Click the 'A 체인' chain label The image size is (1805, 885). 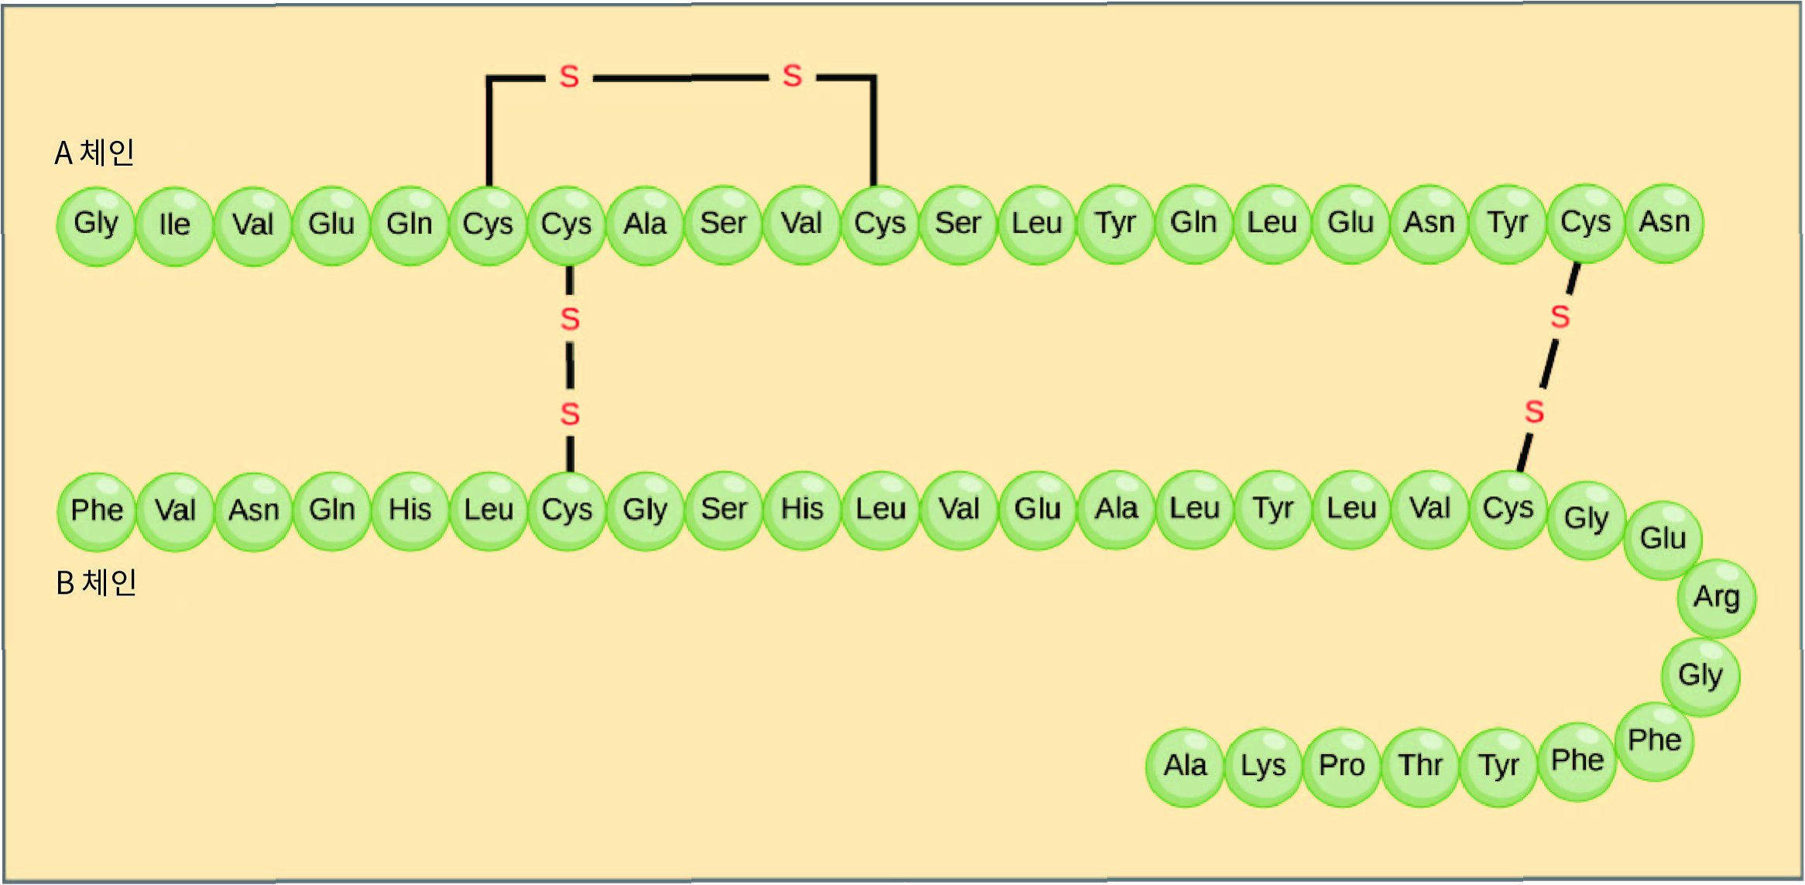coord(94,153)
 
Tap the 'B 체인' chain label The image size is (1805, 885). coord(96,582)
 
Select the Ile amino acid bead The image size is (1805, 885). coord(174,225)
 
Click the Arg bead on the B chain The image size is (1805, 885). coord(1716,598)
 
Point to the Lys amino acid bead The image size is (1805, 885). coord(1263,767)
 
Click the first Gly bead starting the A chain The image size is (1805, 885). coord(96,225)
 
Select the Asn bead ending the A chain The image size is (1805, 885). coord(1664,223)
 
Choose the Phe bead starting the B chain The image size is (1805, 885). coord(97,511)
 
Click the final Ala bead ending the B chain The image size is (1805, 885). coord(1185,767)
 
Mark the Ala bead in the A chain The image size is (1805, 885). coord(645,225)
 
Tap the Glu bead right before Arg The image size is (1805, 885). coord(1663,539)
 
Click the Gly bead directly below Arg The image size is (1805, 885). coord(1700,676)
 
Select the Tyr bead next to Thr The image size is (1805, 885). coord(1498,767)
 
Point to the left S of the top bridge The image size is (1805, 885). coord(569,77)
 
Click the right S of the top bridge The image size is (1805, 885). coord(791,76)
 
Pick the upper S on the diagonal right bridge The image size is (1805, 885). coord(1560,317)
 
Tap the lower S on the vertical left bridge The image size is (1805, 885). coord(570,414)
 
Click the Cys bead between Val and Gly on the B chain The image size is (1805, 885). coord(1508,509)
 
